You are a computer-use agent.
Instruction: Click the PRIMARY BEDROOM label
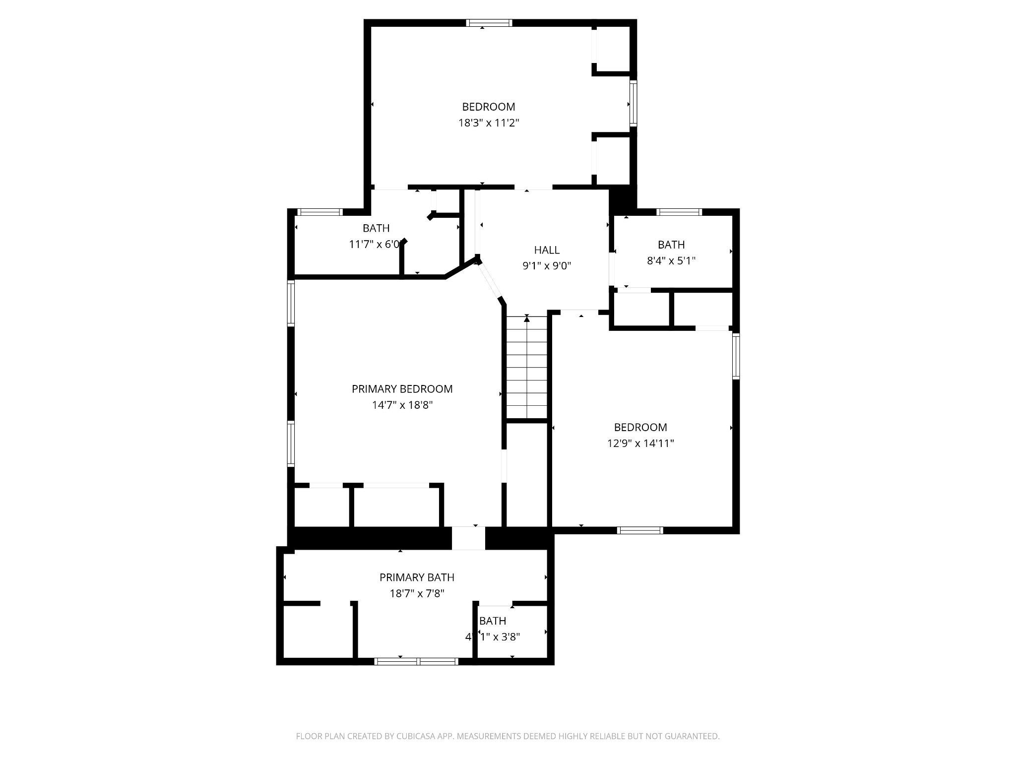402,389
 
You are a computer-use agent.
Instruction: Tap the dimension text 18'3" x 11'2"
488,123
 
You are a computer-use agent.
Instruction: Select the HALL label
547,250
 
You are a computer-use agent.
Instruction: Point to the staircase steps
527,370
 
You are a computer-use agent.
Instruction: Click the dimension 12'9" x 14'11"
640,443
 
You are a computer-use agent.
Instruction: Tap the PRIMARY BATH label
417,577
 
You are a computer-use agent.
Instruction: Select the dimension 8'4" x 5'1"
671,260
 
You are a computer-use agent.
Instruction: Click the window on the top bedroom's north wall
489,23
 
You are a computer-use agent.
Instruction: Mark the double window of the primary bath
416,661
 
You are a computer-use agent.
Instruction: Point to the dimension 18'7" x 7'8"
417,593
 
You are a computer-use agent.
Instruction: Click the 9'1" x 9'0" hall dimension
547,266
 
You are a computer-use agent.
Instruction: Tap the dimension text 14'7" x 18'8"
402,405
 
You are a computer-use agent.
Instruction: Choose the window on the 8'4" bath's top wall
679,212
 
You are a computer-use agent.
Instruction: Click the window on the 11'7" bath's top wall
319,212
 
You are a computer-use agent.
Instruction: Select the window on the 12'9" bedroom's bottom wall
640,530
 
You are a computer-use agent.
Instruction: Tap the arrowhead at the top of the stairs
527,319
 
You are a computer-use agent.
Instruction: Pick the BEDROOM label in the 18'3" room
488,107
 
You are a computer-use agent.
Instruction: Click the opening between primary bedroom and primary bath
468,538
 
